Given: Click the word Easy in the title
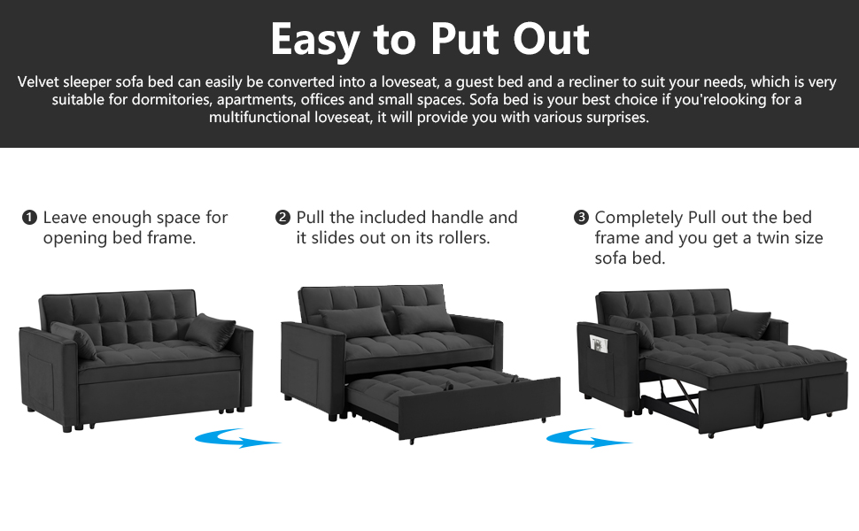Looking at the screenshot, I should tap(315, 39).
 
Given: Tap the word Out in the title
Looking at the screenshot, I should tap(549, 39).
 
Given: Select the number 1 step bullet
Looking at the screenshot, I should tap(30, 218).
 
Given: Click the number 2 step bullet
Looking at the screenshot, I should tap(283, 218).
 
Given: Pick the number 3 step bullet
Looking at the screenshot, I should tap(582, 218).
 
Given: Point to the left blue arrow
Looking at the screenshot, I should tap(237, 438).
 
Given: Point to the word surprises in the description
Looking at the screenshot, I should tap(616, 118).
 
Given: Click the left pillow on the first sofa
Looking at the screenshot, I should tap(74, 340).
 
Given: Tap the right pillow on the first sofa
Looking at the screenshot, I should tap(210, 329).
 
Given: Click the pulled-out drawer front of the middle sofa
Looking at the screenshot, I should tap(478, 410).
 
